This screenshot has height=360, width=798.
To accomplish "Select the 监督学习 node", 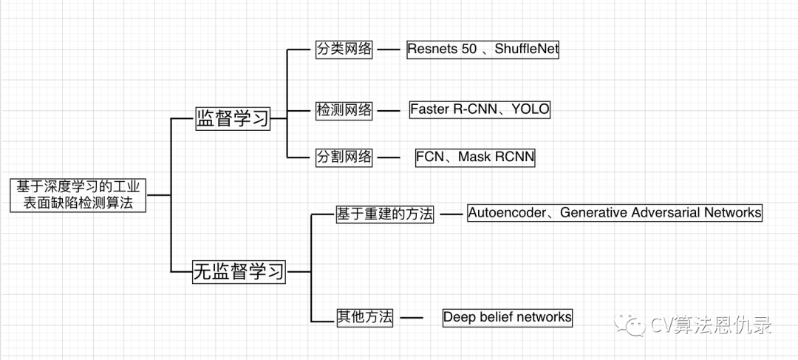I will point(232,118).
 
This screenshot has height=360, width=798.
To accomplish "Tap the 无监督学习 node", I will point(239,271).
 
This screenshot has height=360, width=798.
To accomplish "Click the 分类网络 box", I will point(344,51).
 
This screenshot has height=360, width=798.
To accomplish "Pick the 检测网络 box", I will point(344,110).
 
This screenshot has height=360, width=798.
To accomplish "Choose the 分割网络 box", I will point(344,157).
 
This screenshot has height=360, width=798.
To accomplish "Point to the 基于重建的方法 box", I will point(385,214).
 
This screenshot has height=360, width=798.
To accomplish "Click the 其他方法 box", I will point(364,318).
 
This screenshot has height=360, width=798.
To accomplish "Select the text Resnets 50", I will point(441,50).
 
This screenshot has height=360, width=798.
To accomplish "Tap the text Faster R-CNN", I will point(451,109).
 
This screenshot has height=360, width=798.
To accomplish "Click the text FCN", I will point(430,157).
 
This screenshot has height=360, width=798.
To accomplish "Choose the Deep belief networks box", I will point(508,317).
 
